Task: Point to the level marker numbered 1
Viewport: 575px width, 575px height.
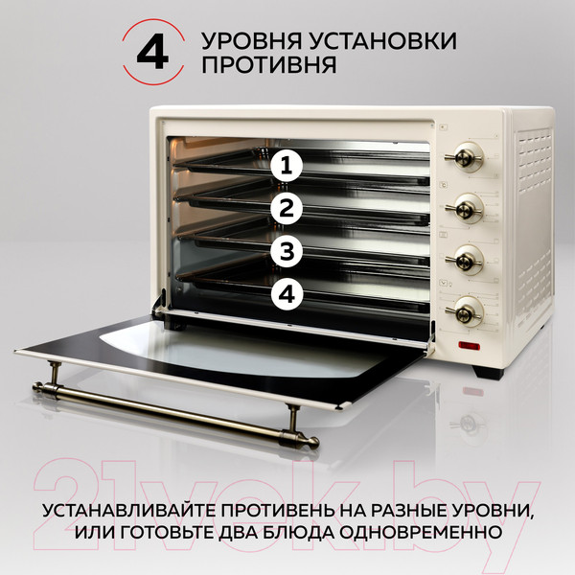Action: [285, 166]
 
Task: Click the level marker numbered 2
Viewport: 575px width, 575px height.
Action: [285, 209]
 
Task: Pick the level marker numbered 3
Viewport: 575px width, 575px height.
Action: [285, 252]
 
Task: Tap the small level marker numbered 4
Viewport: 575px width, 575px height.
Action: [285, 295]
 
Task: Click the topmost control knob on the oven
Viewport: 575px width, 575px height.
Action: [467, 154]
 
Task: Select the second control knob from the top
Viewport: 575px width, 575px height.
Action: [467, 204]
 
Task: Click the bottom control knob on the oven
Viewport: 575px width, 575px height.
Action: [467, 309]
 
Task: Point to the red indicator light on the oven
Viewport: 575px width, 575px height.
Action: [469, 346]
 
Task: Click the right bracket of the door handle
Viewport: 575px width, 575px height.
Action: [288, 420]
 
